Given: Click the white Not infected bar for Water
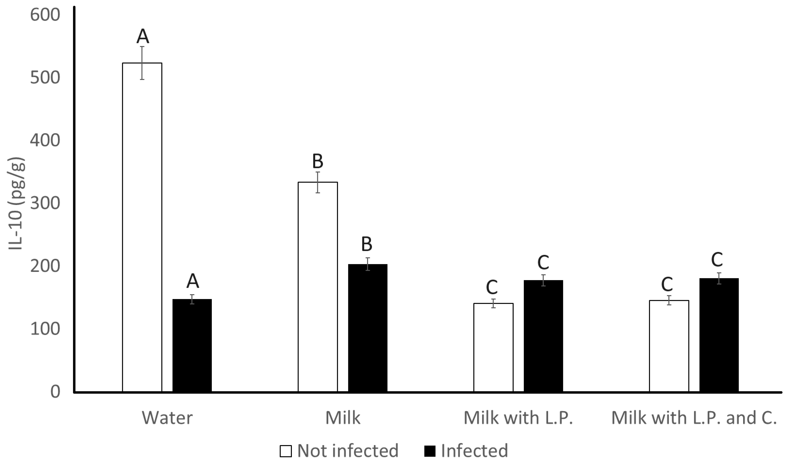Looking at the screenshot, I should [x=142, y=227].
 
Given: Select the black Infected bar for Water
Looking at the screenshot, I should [x=192, y=345].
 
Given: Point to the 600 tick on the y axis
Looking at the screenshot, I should [x=45, y=15].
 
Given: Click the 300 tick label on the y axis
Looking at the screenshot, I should [x=45, y=203].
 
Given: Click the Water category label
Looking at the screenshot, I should [x=167, y=418].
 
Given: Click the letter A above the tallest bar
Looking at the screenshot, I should [x=143, y=36].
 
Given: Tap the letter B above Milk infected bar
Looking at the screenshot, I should [x=367, y=244].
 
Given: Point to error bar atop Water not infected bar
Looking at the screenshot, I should [x=142, y=63].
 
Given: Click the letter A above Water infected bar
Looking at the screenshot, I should [x=193, y=281].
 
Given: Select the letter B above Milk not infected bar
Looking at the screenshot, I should [x=317, y=162].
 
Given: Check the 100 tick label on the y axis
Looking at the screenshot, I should [x=45, y=329].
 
